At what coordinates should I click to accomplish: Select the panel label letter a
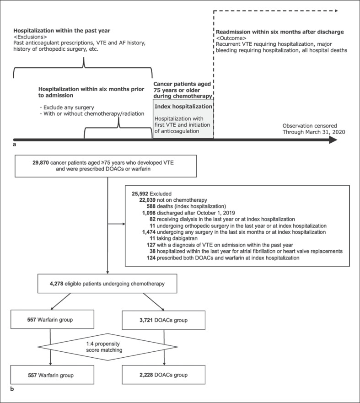point(15,144)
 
